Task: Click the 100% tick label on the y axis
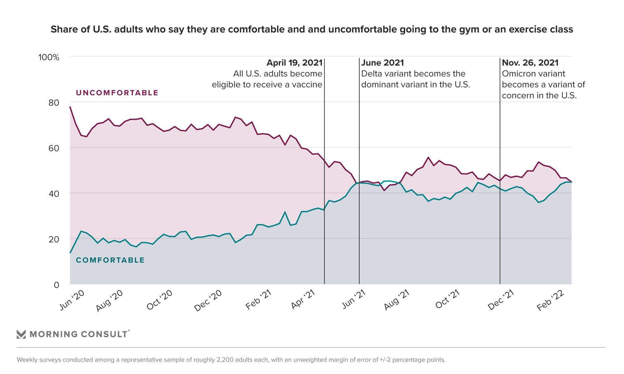pos(49,57)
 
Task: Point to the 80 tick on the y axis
pos(54,103)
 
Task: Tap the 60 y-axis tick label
pos(54,148)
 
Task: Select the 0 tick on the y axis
pos(57,285)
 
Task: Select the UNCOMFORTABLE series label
pos(117,93)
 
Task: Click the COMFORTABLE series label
pos(110,260)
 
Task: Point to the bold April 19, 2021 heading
pos(294,63)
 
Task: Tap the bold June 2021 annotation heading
pos(382,63)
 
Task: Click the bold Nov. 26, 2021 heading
pos(530,63)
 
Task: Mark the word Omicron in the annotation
pos(517,74)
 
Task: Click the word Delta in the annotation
pos(372,74)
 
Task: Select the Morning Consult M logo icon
pos(21,334)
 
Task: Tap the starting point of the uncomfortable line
pos(70,107)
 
